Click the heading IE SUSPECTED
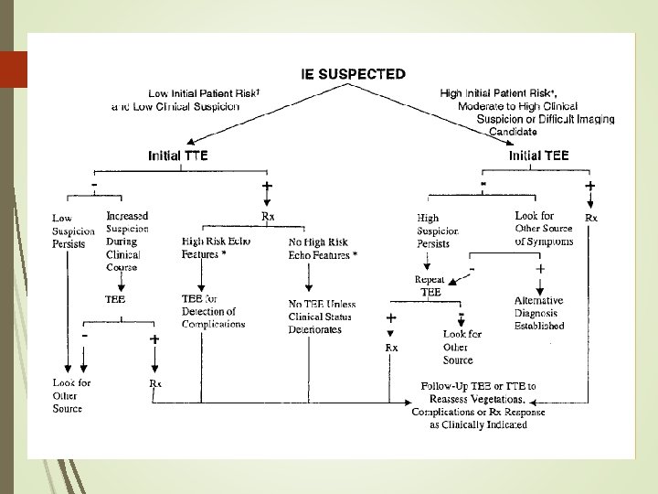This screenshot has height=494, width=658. [x=354, y=74]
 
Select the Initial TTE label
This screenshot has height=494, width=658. [x=178, y=156]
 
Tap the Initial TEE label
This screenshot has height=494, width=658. [x=538, y=156]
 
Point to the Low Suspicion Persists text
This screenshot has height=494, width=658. [x=69, y=231]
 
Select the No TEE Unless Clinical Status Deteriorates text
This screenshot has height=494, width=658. [x=322, y=317]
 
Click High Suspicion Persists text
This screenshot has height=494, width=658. [x=438, y=231]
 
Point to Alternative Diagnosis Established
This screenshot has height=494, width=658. [x=538, y=312]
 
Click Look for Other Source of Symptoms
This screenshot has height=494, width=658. [x=544, y=229]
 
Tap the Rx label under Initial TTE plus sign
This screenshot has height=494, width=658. [x=269, y=216]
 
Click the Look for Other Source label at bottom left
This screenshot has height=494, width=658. [x=71, y=395]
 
